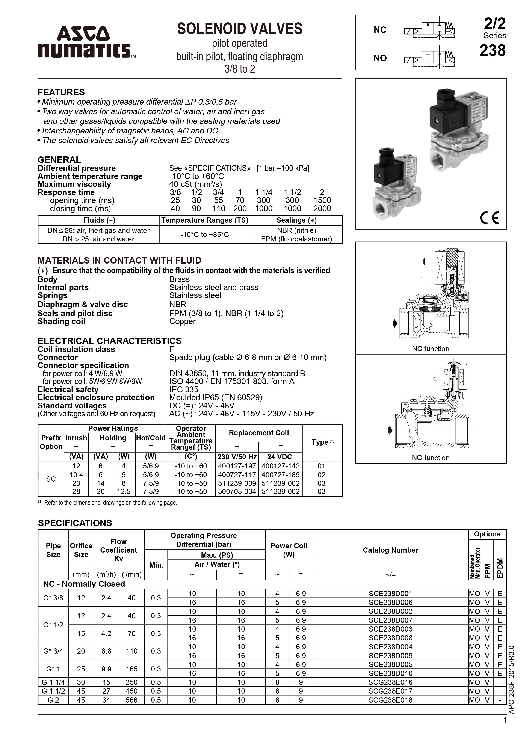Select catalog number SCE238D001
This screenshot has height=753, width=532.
tap(390, 593)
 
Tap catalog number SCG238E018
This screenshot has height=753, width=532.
tap(390, 700)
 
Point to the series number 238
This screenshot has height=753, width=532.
tap(492, 50)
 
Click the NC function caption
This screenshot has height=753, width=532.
tap(430, 349)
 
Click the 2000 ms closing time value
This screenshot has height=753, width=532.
tap(322, 208)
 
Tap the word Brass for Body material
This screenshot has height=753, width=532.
tap(179, 279)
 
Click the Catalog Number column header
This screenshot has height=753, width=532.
tap(390, 550)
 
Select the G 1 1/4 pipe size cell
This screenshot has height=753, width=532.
tap(53, 682)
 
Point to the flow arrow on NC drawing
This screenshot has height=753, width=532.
tap(395, 323)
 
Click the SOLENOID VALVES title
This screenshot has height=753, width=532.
tap(240, 29)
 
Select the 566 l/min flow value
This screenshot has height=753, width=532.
tap(131, 700)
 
